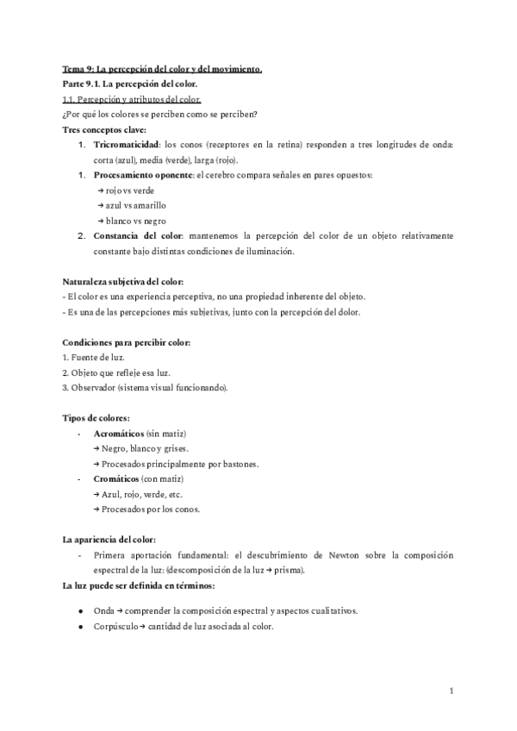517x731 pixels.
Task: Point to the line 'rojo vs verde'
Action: [x=130, y=191]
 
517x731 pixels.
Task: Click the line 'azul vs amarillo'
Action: [x=134, y=205]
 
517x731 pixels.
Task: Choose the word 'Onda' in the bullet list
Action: [x=103, y=610]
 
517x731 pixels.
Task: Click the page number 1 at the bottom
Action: [x=452, y=691]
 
